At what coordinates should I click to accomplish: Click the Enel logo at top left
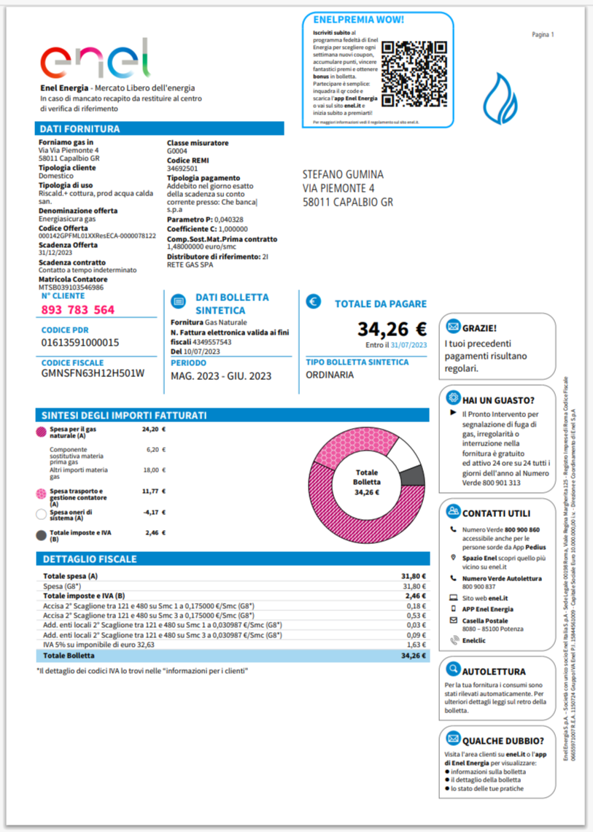click(x=94, y=59)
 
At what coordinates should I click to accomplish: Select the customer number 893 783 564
click(x=78, y=310)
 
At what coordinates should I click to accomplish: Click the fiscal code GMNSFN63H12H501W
click(x=93, y=373)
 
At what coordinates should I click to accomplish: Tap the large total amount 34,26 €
click(x=392, y=330)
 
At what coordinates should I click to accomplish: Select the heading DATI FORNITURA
click(x=80, y=129)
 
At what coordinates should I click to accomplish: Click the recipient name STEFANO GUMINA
click(x=342, y=175)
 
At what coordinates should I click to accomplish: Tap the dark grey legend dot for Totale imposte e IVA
click(x=42, y=535)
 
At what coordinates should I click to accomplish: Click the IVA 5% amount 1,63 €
click(x=415, y=645)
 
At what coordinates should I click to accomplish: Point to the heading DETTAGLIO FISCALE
click(x=90, y=559)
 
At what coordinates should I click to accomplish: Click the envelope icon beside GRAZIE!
click(x=454, y=327)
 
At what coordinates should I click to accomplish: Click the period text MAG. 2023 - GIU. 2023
click(x=220, y=376)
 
